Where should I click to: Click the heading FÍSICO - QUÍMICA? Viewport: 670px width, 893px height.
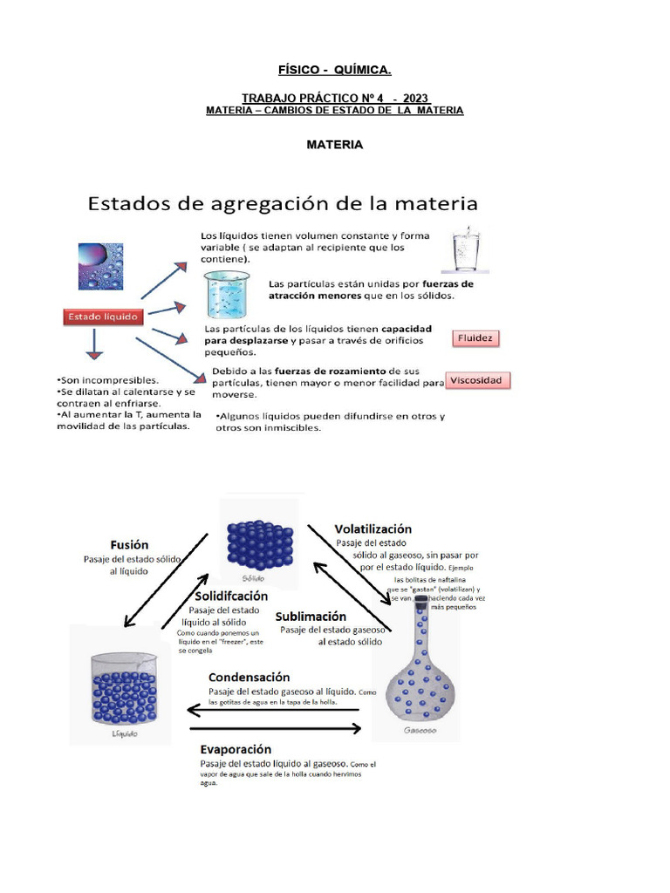(x=334, y=70)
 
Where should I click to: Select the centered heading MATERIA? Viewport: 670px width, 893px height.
(x=334, y=145)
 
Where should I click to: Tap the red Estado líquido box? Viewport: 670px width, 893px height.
(x=103, y=318)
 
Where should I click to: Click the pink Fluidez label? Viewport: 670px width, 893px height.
(x=475, y=338)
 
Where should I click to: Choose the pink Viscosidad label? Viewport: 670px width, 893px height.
(x=478, y=381)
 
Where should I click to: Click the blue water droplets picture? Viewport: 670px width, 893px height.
(x=101, y=266)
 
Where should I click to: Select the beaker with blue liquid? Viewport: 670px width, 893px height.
(x=226, y=294)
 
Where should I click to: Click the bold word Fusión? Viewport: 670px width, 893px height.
(x=129, y=543)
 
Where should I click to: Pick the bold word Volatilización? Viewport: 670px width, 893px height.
(x=373, y=528)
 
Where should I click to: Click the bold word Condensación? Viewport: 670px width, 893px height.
(x=249, y=677)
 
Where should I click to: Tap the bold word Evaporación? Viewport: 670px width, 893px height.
(x=236, y=749)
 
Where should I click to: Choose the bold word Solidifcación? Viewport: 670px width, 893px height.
(x=232, y=596)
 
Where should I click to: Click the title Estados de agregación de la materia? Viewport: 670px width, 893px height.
(x=281, y=205)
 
